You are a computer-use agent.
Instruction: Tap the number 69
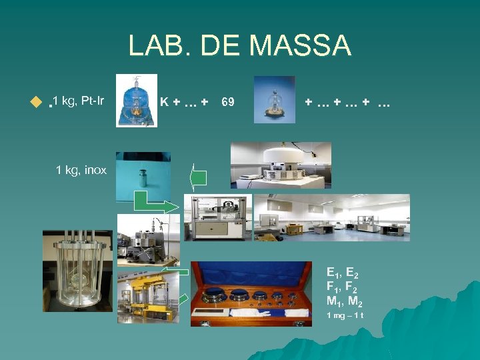pos(227,102)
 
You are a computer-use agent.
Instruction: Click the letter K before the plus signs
pos(164,102)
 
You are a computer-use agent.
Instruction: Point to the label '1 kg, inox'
pos(81,170)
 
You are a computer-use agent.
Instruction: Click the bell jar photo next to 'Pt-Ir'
pos(137,101)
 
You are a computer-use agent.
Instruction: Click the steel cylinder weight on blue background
pos(143,176)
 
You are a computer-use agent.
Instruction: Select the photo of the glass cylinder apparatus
pos(77,271)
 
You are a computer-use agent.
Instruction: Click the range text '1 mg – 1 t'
pos(345,315)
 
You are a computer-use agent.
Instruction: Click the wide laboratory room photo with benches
pos(332,217)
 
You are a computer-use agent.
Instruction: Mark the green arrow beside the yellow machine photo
pos(185,271)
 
